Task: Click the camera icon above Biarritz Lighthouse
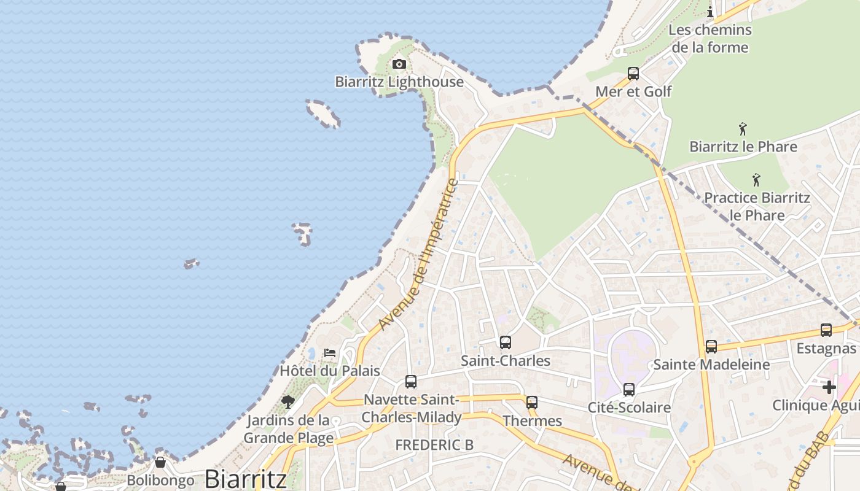coord(399,64)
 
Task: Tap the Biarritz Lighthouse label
coord(399,82)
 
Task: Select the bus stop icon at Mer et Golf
coord(633,74)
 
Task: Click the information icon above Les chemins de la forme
coord(710,12)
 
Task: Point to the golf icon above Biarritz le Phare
coord(743,129)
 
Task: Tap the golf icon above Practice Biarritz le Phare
coord(756,180)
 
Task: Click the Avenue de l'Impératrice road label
coord(419,254)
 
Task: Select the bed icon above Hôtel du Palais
coord(330,353)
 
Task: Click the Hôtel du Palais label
coord(330,371)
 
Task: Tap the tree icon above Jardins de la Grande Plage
coord(287,402)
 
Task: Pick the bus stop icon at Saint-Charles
coord(505,342)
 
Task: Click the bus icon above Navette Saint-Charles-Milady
coord(411,382)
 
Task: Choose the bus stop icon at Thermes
coord(532,403)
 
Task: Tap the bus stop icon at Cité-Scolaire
coord(628,390)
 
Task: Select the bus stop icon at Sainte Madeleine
coord(711,347)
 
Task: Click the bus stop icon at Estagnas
coord(826,330)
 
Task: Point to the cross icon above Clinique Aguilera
coord(829,387)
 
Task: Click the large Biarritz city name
coord(246,479)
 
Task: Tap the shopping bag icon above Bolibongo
coord(160,462)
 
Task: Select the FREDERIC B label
coord(434,445)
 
